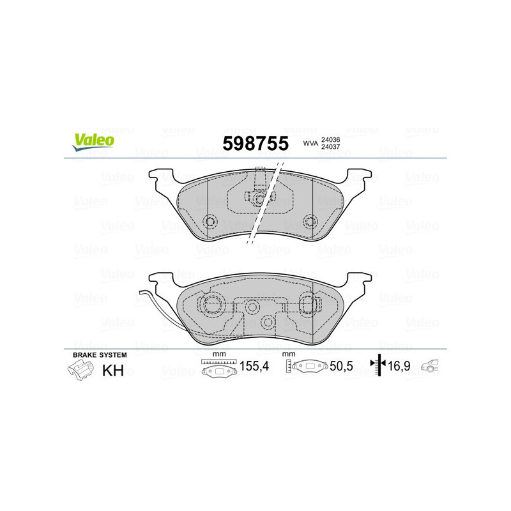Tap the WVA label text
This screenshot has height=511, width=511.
pyautogui.click(x=310, y=144)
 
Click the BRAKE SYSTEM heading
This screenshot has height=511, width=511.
pyautogui.click(x=100, y=355)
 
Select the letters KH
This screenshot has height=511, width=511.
pyautogui.click(x=113, y=370)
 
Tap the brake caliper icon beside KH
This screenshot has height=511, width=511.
pyautogui.click(x=79, y=370)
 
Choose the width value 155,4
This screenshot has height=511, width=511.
pyautogui.click(x=253, y=367)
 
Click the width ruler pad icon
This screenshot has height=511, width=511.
pyautogui.click(x=218, y=369)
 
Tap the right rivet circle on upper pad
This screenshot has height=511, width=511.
pyautogui.click(x=310, y=222)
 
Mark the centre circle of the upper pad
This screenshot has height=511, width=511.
pyautogui.click(x=259, y=199)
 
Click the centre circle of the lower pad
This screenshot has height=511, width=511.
pyautogui.click(x=252, y=308)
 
